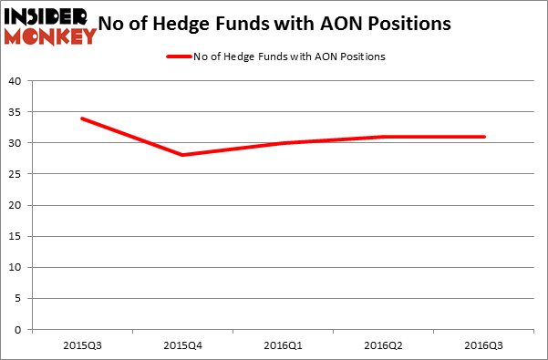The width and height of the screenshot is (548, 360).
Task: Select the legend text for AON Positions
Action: click(x=289, y=57)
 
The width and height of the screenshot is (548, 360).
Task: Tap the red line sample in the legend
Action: click(x=179, y=57)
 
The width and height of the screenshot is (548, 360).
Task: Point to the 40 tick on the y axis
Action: click(x=16, y=81)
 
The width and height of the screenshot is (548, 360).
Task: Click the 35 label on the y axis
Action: click(x=16, y=112)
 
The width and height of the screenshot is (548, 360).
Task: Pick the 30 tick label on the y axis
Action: click(x=16, y=143)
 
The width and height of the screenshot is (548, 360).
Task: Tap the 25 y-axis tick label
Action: click(x=16, y=174)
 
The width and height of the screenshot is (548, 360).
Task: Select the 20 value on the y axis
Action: click(x=16, y=205)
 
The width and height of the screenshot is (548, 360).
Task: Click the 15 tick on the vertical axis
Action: click(x=16, y=236)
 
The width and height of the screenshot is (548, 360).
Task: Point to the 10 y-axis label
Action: click(x=16, y=267)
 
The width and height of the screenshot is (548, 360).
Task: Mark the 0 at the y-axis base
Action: click(x=19, y=330)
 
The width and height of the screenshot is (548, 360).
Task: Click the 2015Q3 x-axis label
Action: click(x=82, y=346)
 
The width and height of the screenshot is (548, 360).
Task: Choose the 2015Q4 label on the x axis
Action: click(x=182, y=346)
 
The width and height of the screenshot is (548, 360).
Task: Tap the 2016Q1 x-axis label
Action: click(x=284, y=346)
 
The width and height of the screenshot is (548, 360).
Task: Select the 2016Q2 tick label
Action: click(x=384, y=346)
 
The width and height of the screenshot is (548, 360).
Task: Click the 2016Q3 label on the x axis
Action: click(x=484, y=346)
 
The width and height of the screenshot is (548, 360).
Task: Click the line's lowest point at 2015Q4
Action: click(x=182, y=155)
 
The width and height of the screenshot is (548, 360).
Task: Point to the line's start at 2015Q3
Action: click(x=82, y=118)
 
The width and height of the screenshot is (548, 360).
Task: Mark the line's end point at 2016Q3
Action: click(x=484, y=137)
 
